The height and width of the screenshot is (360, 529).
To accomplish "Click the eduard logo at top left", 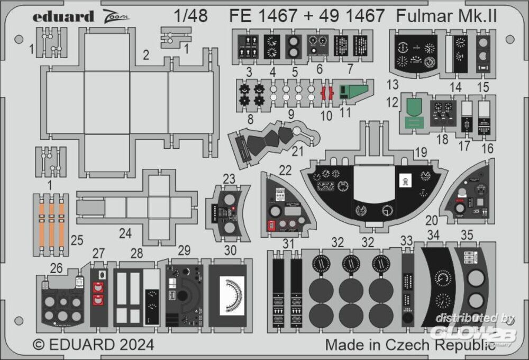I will [x=63, y=16].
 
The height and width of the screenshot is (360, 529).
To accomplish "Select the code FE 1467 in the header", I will [x=263, y=16].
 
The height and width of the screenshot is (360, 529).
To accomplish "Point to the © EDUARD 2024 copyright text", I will [x=94, y=345].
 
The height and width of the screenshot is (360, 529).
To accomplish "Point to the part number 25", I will [x=77, y=241].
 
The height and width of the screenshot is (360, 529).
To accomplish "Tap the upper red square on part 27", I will [x=97, y=287].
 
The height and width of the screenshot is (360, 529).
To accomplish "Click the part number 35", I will [x=467, y=235].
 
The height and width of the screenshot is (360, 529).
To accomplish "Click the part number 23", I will [x=229, y=179].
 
